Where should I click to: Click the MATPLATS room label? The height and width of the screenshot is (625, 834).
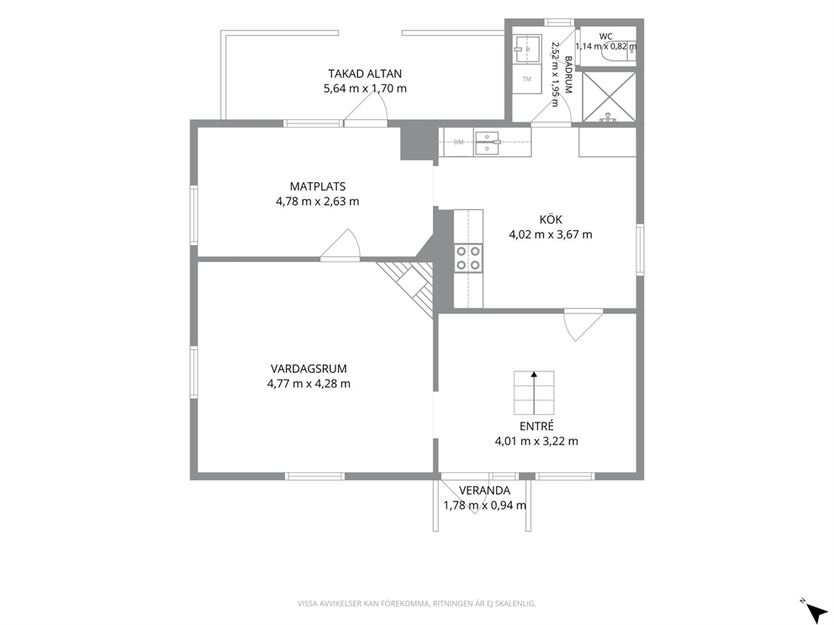coord(318,186)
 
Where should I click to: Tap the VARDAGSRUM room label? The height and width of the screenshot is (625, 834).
coord(309,369)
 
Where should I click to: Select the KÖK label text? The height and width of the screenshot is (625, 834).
coord(551,219)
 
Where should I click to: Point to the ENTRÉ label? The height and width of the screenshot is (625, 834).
coord(536,426)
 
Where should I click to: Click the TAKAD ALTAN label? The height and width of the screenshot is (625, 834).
coord(365,74)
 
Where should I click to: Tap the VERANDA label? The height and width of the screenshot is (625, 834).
coord(484,491)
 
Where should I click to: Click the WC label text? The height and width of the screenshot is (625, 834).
coord(606,37)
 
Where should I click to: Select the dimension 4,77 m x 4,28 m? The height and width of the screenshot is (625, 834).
coord(309,384)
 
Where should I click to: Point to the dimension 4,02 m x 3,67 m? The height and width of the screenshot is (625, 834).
coord(551,234)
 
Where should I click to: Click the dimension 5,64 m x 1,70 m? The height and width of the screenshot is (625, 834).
coord(365,89)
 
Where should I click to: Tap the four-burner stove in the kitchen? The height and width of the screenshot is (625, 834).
coord(468,258)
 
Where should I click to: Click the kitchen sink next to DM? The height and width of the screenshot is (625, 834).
coord(488,142)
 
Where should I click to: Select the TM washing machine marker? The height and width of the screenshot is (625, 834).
coord(526,79)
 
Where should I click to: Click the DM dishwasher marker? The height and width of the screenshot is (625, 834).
coord(458,142)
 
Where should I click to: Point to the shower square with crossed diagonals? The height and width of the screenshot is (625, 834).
coord(609,97)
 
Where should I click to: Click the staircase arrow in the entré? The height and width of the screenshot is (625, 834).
coord(534,393)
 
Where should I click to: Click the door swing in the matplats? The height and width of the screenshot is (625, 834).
coord(340,245)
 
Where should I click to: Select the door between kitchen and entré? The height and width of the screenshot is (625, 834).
coord(583,325)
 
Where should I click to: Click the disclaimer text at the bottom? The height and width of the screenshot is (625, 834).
coord(416,603)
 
